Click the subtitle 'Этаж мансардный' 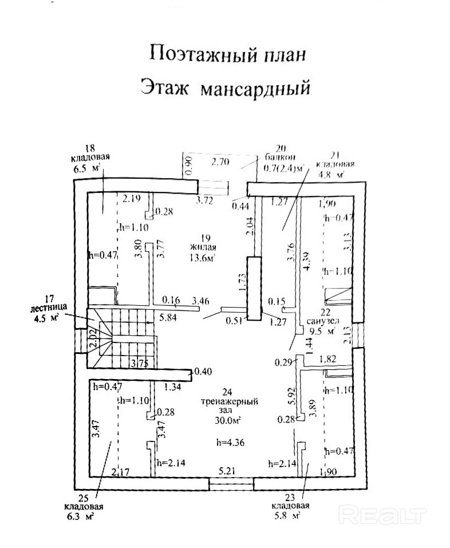click(x=224, y=89)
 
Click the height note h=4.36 click(x=230, y=441)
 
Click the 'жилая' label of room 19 click(x=204, y=247)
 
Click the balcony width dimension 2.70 click(x=220, y=162)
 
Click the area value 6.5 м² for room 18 click(x=86, y=169)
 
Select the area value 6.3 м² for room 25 click(x=80, y=516)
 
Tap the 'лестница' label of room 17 click(x=48, y=307)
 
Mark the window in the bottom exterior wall click(x=231, y=484)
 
